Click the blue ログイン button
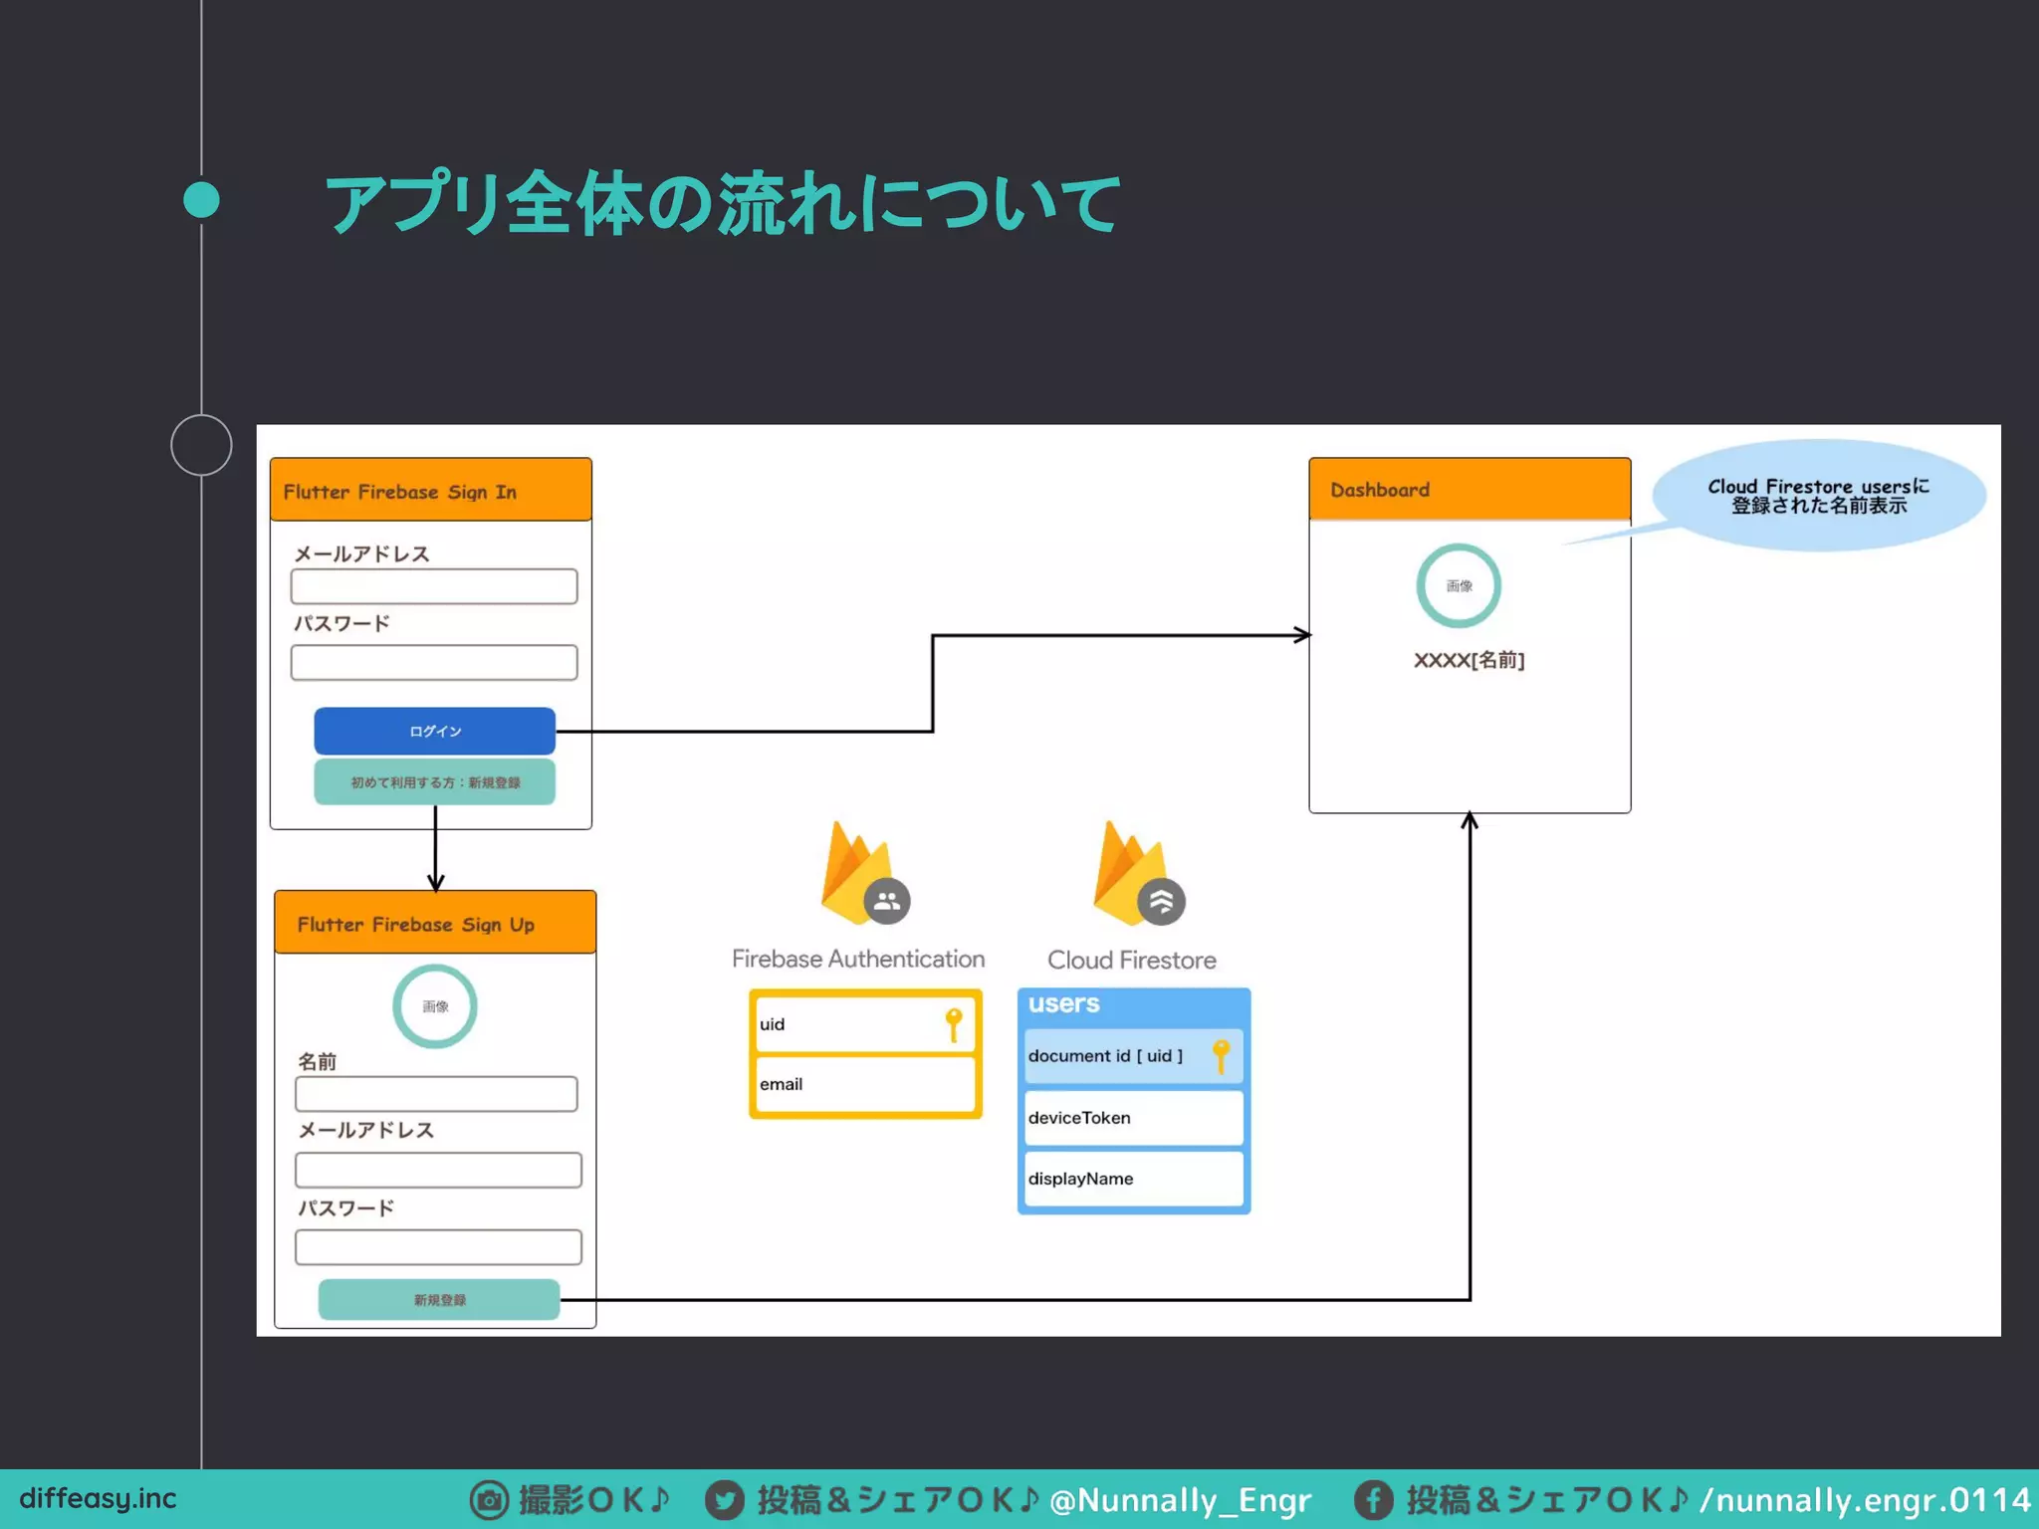(x=434, y=732)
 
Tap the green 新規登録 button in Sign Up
(x=439, y=1300)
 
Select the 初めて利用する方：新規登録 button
(x=434, y=782)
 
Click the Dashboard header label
(x=1380, y=490)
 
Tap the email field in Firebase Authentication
(x=864, y=1084)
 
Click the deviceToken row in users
(x=1133, y=1118)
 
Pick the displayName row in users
(x=1133, y=1179)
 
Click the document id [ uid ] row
(x=1133, y=1056)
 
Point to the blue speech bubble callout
(x=1818, y=496)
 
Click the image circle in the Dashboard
(x=1459, y=585)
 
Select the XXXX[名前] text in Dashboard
(x=1469, y=660)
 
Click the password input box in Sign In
(x=434, y=663)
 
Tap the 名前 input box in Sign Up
(x=436, y=1094)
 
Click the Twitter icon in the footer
(x=725, y=1500)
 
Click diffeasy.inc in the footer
(x=98, y=1498)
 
